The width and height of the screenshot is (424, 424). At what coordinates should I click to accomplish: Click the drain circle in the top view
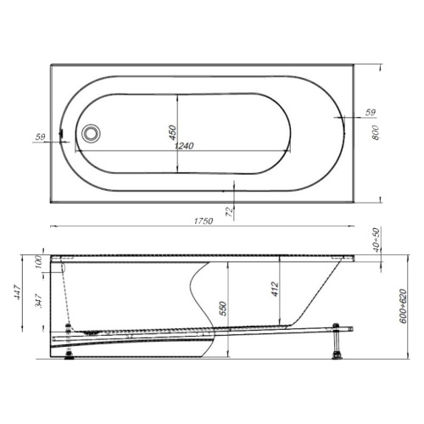click(x=91, y=133)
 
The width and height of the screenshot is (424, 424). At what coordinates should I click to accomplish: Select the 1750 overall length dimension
click(x=204, y=220)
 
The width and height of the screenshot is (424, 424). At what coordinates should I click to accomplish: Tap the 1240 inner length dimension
click(x=184, y=146)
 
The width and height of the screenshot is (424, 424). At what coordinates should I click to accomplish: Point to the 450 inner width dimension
click(x=172, y=132)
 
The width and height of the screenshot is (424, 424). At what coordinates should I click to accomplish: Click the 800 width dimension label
click(x=375, y=132)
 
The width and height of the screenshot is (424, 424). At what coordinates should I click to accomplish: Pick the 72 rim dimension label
click(x=231, y=211)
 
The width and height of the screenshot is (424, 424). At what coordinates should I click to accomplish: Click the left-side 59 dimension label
click(x=40, y=137)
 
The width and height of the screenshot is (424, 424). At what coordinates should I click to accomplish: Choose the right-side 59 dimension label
click(x=371, y=112)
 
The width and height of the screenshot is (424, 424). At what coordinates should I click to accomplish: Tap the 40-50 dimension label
click(x=377, y=239)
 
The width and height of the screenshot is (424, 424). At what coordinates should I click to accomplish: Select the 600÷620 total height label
click(x=403, y=306)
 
